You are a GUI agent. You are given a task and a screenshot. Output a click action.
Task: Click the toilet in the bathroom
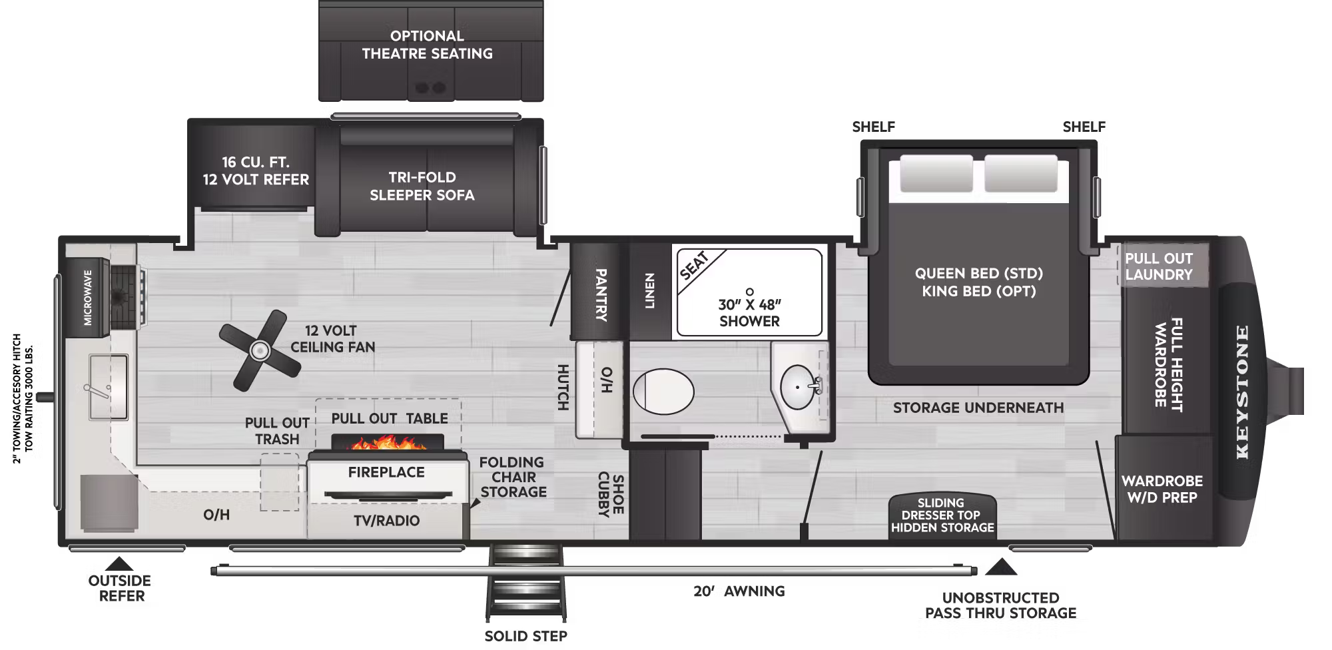(663, 391)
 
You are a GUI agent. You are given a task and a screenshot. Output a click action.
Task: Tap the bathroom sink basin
(797, 387)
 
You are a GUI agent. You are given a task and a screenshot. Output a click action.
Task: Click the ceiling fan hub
(258, 350)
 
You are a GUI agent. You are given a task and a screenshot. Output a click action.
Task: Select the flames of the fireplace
(387, 442)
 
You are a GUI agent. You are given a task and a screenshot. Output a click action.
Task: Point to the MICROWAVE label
(88, 298)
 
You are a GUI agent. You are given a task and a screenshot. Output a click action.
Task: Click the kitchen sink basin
(109, 388)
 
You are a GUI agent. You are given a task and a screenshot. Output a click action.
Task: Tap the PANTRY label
(600, 295)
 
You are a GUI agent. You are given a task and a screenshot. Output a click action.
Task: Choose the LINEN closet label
(650, 291)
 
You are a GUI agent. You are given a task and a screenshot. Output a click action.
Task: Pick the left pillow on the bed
(936, 174)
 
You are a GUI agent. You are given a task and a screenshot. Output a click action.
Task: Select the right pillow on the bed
(1020, 174)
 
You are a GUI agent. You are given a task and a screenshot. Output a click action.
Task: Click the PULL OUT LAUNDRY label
(1159, 266)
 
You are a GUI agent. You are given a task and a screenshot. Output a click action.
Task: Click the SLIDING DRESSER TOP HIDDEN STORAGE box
(942, 515)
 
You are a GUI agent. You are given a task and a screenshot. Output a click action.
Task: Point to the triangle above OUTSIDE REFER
(120, 563)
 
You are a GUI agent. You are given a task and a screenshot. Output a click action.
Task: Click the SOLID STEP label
(525, 636)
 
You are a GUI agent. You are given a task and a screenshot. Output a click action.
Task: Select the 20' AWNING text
(739, 591)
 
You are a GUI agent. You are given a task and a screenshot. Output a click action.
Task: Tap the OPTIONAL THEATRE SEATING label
(428, 45)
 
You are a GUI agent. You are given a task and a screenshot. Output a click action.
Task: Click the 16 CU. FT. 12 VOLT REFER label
(256, 170)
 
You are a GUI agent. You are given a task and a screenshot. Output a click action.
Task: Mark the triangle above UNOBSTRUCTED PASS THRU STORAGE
(1000, 567)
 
